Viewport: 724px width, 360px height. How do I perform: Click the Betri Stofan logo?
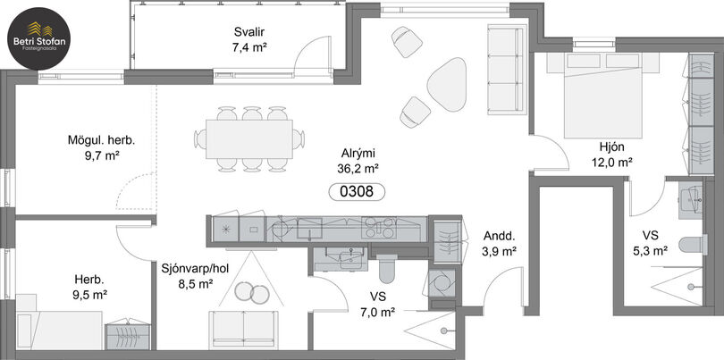tap(38, 38)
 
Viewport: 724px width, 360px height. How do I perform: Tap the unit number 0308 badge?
tap(357, 191)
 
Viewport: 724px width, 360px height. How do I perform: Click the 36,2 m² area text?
tap(358, 168)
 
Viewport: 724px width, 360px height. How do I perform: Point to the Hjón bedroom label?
tap(611, 147)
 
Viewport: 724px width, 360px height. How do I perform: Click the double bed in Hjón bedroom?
tap(603, 96)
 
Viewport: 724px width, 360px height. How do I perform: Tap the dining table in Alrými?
tap(249, 139)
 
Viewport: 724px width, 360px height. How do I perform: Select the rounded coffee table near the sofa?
tap(447, 84)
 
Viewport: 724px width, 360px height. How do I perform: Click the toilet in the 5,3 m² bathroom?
tap(694, 245)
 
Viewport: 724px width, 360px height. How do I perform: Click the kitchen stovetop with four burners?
tap(379, 227)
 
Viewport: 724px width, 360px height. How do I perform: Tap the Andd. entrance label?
tap(500, 237)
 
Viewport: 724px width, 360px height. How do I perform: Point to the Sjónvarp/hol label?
tap(195, 269)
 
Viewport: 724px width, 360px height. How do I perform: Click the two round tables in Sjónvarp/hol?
tap(252, 292)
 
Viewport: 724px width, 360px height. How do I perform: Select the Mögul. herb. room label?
tap(102, 140)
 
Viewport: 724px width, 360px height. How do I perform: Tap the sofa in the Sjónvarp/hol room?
tap(243, 330)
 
